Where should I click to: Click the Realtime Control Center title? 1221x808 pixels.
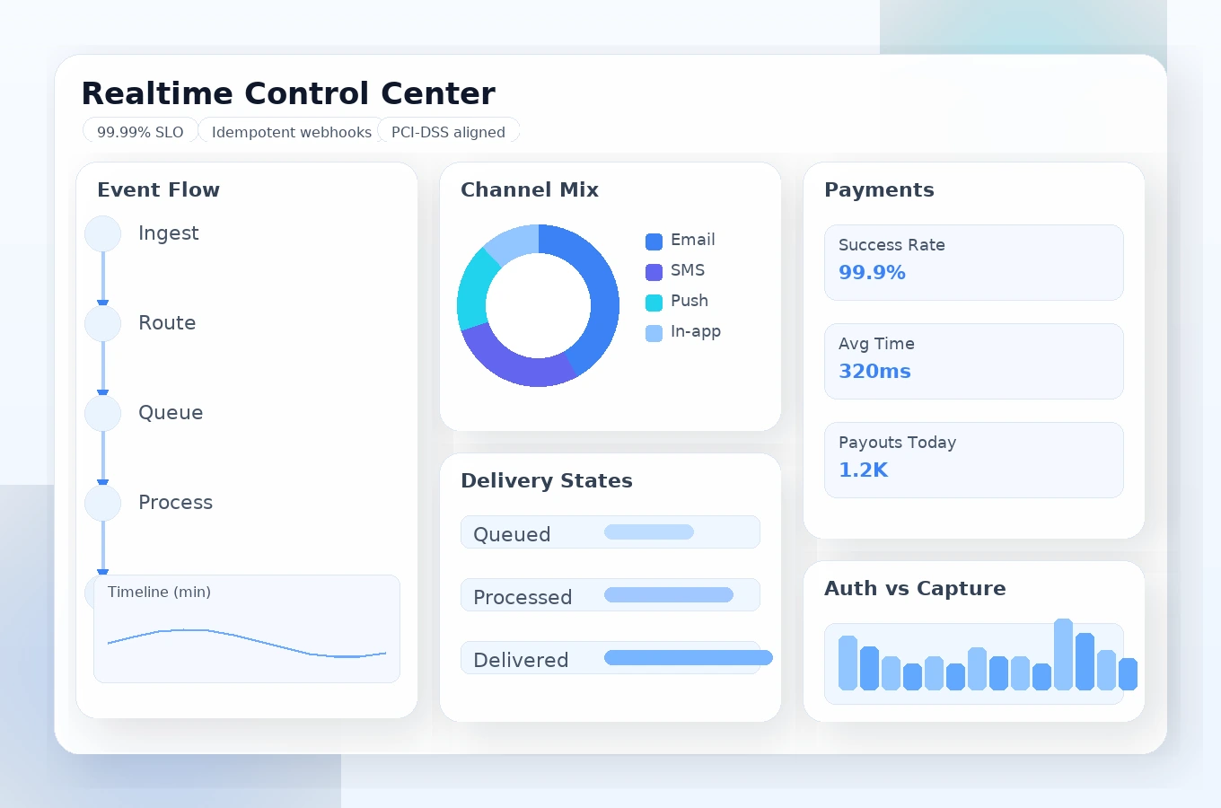click(x=288, y=93)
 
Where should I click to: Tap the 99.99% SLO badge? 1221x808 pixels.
click(x=140, y=132)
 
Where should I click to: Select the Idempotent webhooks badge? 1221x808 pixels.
click(x=291, y=132)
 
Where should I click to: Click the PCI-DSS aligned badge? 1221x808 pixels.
click(x=448, y=132)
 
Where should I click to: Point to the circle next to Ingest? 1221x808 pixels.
click(x=102, y=233)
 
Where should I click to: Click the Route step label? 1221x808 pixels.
click(x=167, y=323)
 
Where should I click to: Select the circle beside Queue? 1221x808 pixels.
click(x=102, y=413)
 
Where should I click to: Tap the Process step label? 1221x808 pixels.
click(x=175, y=503)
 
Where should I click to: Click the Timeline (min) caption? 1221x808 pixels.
click(x=159, y=593)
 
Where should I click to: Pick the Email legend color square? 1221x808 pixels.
click(x=654, y=242)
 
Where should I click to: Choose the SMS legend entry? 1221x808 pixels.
click(x=687, y=270)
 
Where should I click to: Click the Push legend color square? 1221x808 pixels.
click(x=654, y=303)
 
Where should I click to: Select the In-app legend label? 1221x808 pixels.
click(x=695, y=331)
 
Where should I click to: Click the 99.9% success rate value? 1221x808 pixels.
click(x=872, y=273)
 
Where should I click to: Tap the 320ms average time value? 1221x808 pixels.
click(x=874, y=372)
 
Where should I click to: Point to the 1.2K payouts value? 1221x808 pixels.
click(x=863, y=470)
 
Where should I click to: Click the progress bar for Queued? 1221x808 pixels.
click(x=649, y=532)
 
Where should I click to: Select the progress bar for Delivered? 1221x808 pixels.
click(x=688, y=658)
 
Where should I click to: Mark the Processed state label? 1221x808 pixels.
click(x=523, y=597)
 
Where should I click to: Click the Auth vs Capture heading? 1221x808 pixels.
click(x=915, y=589)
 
